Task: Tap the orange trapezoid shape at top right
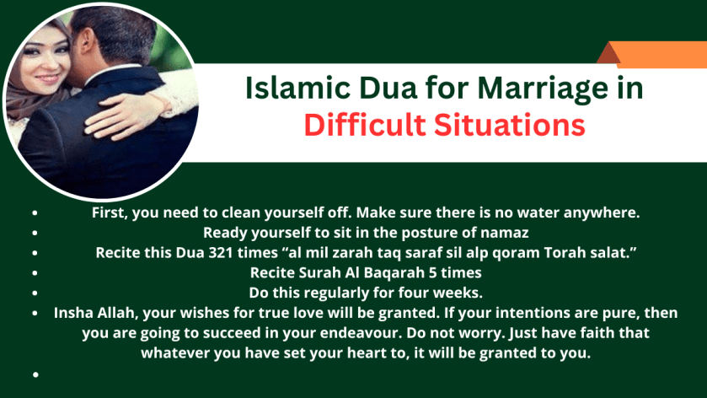coord(655,53)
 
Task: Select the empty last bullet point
coord(36,373)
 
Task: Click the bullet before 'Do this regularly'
coord(36,293)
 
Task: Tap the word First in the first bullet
coord(109,212)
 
